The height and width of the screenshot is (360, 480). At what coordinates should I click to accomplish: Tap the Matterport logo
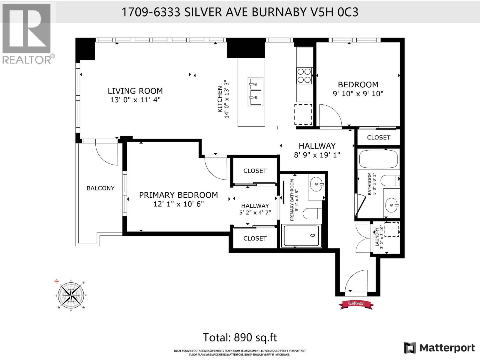pos(439,348)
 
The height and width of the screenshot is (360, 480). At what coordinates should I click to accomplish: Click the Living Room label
pos(135,91)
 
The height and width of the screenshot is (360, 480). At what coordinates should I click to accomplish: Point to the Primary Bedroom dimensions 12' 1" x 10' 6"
pos(178,204)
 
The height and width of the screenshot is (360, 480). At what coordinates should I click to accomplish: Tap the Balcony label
pos(100,188)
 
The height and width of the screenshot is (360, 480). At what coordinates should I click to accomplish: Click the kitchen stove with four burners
pos(304,76)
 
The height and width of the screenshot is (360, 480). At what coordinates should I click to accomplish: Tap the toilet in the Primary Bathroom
pos(312,214)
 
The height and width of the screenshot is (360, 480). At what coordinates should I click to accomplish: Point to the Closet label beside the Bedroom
pos(379,137)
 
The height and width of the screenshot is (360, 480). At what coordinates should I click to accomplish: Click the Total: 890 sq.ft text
pos(240,337)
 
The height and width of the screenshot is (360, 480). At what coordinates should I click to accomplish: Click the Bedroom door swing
pos(330,115)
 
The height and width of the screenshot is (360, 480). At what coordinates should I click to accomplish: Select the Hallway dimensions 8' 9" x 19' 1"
pos(317,155)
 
